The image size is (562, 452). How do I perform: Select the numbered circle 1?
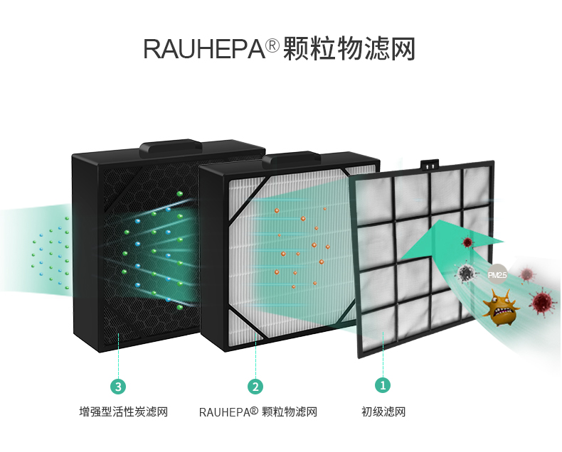[x=383, y=385]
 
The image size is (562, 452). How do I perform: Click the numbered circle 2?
[x=255, y=387]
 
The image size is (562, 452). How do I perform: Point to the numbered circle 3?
[x=119, y=387]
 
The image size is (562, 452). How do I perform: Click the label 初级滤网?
[x=383, y=412]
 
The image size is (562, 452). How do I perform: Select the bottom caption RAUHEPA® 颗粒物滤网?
[x=258, y=412]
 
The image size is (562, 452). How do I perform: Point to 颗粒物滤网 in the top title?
[x=349, y=49]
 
